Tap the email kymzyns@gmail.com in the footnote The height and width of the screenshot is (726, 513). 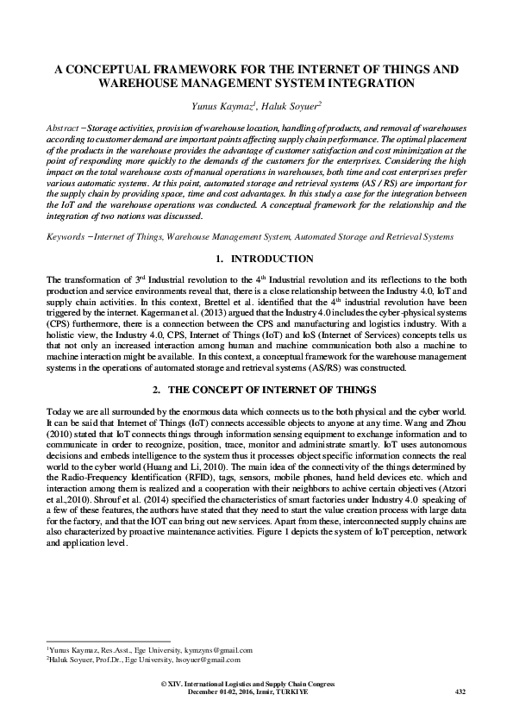pyautogui.click(x=213, y=649)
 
